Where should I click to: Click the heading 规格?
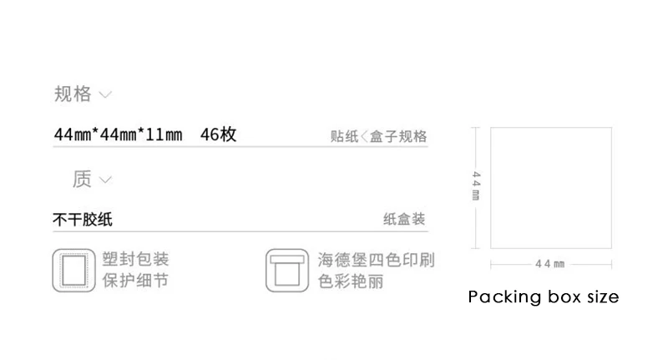pyautogui.click(x=73, y=94)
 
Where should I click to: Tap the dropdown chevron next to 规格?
pyautogui.click(x=105, y=94)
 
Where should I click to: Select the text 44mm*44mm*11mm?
pyautogui.click(x=117, y=134)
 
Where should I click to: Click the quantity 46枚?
pyautogui.click(x=219, y=134)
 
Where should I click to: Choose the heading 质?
pyautogui.click(x=82, y=179)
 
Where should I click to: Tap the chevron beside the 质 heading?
pyautogui.click(x=105, y=180)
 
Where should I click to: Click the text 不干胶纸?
pyautogui.click(x=82, y=221)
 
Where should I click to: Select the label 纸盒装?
pyautogui.click(x=404, y=220)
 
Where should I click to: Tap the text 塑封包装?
pyautogui.click(x=135, y=260)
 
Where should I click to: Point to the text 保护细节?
pyautogui.click(x=135, y=281)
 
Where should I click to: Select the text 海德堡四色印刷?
pyautogui.click(x=376, y=260)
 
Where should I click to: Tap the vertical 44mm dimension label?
pyautogui.click(x=476, y=186)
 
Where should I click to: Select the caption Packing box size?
pyautogui.click(x=543, y=297)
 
